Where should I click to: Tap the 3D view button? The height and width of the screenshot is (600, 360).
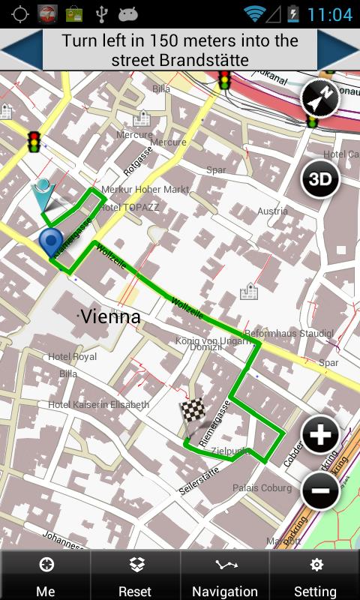click(320, 179)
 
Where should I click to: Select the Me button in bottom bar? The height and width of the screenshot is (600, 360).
click(45, 575)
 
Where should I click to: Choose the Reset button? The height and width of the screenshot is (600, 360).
click(135, 575)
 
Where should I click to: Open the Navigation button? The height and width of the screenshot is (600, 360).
click(225, 575)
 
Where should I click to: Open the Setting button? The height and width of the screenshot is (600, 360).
click(315, 575)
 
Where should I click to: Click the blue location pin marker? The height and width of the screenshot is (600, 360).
click(51, 243)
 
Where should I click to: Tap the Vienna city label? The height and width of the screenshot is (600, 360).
click(110, 316)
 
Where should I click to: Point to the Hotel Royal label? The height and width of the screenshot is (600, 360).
click(73, 357)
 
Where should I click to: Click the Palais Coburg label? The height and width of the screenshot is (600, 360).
click(262, 487)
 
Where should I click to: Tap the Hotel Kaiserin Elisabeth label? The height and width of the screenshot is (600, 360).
click(98, 404)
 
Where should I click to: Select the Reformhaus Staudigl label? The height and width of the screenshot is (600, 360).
click(289, 332)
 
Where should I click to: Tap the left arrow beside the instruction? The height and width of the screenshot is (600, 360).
click(19, 50)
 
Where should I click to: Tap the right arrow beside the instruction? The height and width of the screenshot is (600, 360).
click(340, 50)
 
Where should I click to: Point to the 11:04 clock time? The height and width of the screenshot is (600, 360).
click(329, 14)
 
